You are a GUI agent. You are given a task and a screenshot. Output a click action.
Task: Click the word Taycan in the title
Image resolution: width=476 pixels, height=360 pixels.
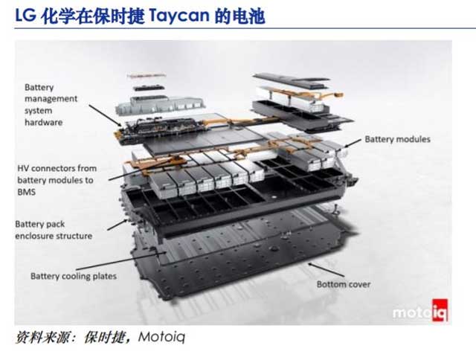coord(179,16)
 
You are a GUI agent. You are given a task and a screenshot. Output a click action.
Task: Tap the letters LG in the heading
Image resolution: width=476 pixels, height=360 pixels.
coord(25,16)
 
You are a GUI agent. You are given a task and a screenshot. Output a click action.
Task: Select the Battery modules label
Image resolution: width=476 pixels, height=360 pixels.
coord(397,139)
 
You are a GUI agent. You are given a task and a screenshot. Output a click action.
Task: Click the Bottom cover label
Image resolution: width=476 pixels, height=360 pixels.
coord(344,284)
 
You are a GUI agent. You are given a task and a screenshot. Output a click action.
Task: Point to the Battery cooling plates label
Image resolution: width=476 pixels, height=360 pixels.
coord(74,276)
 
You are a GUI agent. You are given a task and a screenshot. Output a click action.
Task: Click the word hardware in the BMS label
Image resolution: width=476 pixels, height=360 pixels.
coord(43,122)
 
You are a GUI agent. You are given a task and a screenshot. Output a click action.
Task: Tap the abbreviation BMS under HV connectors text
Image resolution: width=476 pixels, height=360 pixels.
coord(27,192)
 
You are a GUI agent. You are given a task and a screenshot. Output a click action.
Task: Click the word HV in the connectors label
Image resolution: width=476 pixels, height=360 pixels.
coord(23,168)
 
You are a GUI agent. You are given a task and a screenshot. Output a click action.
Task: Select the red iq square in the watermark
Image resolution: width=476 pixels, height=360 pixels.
coord(440,309)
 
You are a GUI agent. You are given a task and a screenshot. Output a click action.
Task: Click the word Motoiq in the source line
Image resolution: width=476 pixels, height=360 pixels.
coord(161,337)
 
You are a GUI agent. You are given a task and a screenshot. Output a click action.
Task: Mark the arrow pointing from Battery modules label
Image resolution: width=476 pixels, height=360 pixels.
coord(353,143)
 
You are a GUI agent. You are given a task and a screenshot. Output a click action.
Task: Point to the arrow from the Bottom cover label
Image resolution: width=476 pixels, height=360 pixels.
coord(326,270)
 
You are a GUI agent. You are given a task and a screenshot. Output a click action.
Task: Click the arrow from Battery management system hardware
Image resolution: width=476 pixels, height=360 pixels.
coord(106,115)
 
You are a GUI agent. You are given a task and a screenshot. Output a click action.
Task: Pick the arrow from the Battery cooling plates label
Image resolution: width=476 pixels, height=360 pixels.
coord(120,261)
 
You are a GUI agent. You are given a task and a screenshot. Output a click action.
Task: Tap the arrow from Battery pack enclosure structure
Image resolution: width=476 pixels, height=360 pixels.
coord(118,225)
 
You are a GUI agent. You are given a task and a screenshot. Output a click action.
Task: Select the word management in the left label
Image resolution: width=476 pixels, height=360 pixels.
coord(51,99)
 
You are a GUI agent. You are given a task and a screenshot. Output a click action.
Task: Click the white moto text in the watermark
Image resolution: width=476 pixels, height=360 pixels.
coord(412,313)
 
